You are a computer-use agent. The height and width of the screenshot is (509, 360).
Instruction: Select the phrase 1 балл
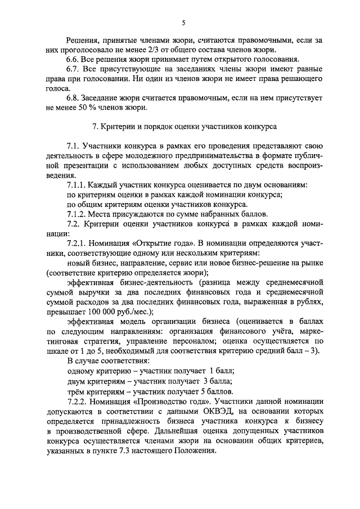click(x=222, y=370)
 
